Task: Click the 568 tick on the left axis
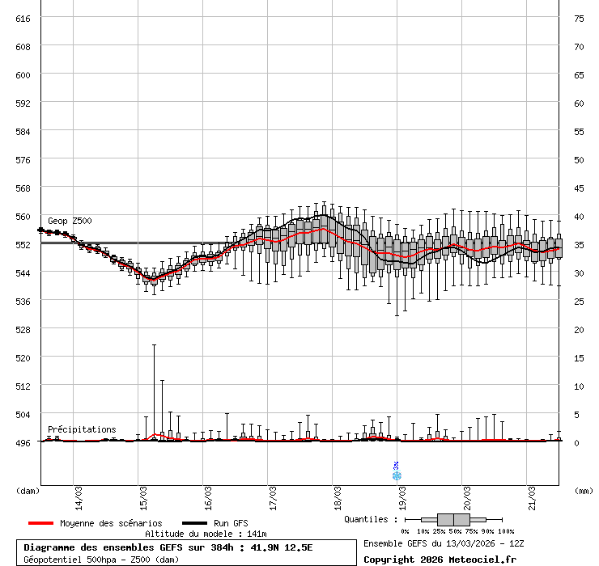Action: click(23, 188)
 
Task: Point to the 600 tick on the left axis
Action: click(23, 74)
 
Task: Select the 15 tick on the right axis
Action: click(579, 357)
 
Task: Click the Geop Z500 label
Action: click(70, 221)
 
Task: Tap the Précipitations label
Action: click(81, 429)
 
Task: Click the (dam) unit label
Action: click(28, 490)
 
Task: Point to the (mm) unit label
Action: click(583, 490)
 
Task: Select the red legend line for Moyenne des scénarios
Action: click(40, 523)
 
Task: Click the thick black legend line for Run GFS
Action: click(194, 523)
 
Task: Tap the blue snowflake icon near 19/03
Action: click(397, 475)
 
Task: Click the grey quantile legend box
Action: click(453, 519)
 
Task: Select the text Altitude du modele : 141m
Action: click(206, 534)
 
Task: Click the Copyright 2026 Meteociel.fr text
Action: click(440, 559)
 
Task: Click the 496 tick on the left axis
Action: click(23, 442)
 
